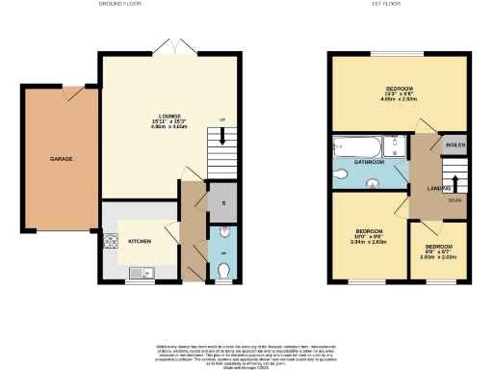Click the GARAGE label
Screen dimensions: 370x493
pos(61,159)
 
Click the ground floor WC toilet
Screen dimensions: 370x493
pos(223,272)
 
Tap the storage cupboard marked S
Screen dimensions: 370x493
pos(222,203)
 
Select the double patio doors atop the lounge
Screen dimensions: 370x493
pos(178,46)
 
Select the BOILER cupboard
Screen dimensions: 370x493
pos(454,145)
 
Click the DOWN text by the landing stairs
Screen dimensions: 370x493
pos(454,200)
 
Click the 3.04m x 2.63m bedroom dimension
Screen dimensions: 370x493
pos(370,244)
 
